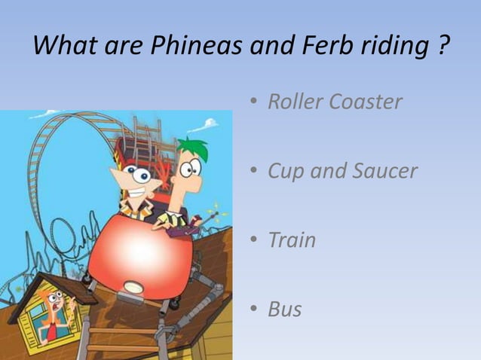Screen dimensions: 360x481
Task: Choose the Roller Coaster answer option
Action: click(335, 102)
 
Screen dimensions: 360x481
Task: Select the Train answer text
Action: click(292, 240)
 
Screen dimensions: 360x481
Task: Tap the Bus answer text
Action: click(285, 309)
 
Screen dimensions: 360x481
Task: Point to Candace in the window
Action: click(52, 312)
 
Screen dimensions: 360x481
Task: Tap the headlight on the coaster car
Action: click(135, 286)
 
